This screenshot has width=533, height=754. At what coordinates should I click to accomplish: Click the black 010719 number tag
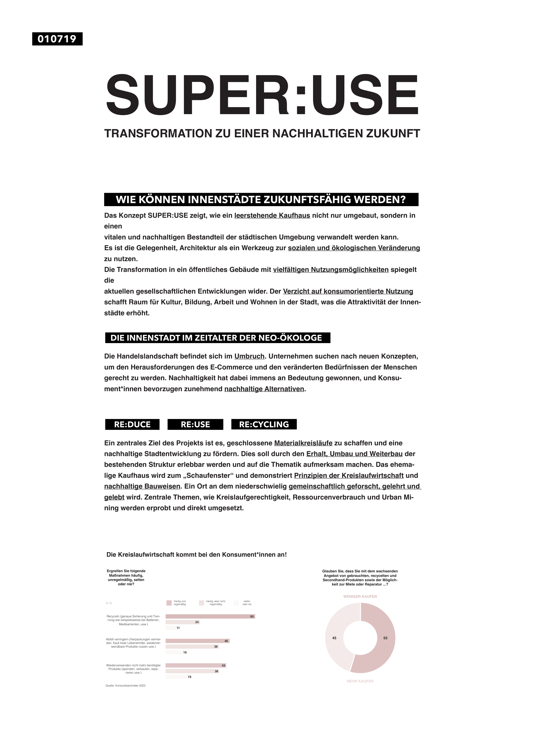tap(57, 39)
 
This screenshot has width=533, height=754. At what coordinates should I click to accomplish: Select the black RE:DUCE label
tap(132, 424)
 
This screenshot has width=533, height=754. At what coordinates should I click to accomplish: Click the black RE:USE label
tap(195, 424)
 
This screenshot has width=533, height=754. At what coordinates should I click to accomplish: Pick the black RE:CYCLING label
tap(264, 424)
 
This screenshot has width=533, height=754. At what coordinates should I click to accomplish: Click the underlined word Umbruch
tap(249, 356)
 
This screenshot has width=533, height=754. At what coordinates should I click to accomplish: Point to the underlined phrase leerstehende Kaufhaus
tap(272, 216)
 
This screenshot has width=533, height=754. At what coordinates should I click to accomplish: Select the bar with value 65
tap(210, 616)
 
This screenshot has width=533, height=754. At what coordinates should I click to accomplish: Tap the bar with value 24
tap(182, 622)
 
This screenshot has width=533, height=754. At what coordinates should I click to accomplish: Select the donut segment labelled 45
tap(338, 634)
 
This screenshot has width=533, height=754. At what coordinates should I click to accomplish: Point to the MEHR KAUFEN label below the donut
tap(360, 681)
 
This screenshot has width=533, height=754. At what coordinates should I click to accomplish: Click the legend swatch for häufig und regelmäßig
tap(169, 603)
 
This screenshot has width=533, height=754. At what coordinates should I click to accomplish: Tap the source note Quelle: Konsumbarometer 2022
tap(125, 686)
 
